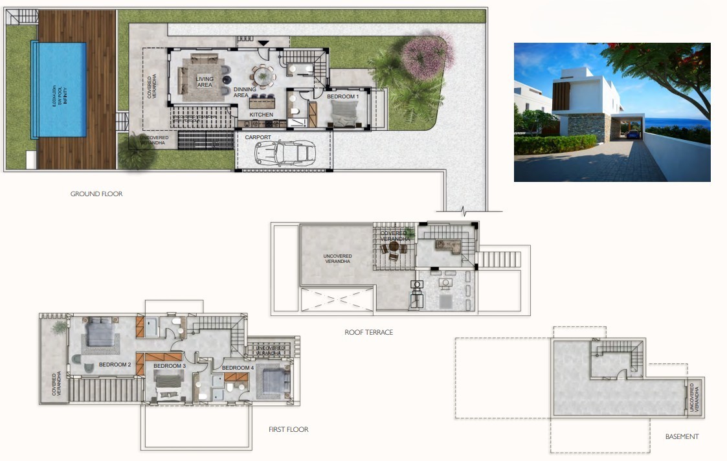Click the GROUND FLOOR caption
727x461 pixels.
[96, 194]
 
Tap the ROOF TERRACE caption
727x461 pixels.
[369, 332]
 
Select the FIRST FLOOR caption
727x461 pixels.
[289, 429]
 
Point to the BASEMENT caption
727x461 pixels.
[682, 436]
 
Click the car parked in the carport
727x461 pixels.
[284, 153]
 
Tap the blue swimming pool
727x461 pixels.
[59, 89]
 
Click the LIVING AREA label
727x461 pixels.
[205, 82]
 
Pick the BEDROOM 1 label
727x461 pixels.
[342, 96]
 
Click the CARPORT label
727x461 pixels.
[258, 137]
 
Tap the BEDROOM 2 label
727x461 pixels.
[115, 365]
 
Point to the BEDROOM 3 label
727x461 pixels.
[170, 366]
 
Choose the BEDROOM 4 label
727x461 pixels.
[238, 368]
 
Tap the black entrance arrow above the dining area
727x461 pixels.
[263, 43]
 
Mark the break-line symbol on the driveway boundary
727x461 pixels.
[464, 211]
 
